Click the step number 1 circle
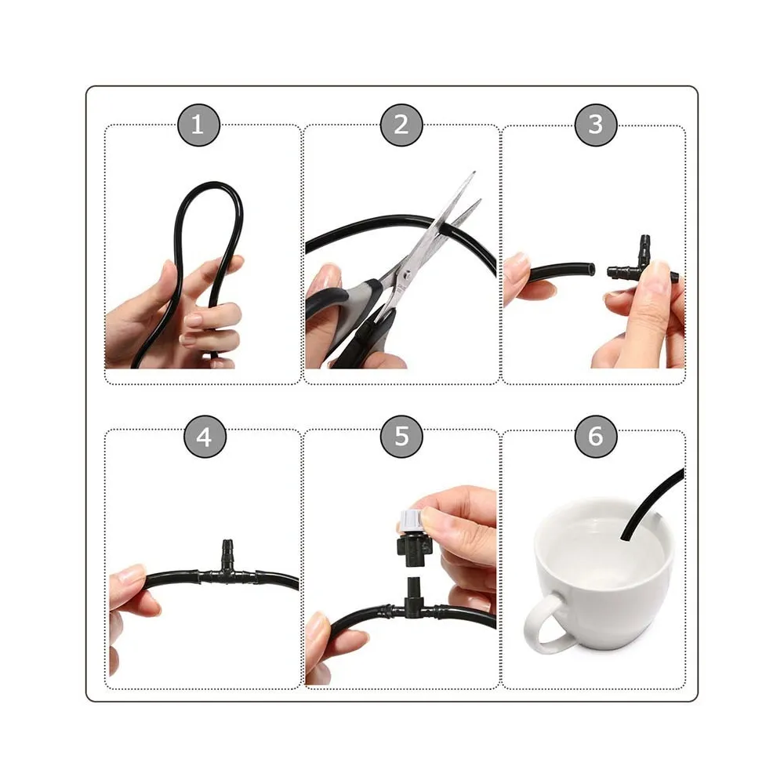[x=198, y=125]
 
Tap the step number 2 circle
[x=401, y=125]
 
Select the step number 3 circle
[x=596, y=125]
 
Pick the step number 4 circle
[x=205, y=437]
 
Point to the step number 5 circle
[x=401, y=437]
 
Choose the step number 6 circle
[x=596, y=437]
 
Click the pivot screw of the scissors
[x=408, y=274]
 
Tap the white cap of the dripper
[x=411, y=522]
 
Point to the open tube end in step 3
[x=592, y=270]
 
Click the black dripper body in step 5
[x=413, y=547]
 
